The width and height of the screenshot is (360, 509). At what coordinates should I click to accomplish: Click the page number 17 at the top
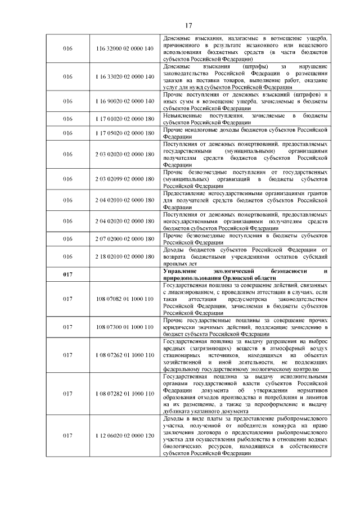[x=188, y=24]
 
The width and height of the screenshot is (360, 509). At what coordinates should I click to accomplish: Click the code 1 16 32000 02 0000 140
[x=125, y=49]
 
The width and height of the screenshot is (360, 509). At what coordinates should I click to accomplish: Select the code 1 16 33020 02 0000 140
[x=125, y=76]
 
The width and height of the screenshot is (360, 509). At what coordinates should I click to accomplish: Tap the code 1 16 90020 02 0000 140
[x=125, y=101]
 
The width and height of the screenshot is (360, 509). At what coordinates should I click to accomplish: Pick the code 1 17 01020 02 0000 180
[x=125, y=119]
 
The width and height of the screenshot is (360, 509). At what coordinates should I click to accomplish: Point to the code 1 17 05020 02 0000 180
[x=125, y=133]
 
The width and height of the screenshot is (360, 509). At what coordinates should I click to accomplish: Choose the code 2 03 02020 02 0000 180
[x=125, y=154]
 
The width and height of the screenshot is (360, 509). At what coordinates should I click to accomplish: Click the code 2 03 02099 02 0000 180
[x=125, y=179]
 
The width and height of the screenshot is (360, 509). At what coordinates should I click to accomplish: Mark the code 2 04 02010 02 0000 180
[x=125, y=200]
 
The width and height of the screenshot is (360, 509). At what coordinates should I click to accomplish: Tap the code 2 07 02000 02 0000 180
[x=125, y=239]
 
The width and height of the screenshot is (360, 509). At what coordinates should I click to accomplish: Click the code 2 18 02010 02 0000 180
[x=125, y=256]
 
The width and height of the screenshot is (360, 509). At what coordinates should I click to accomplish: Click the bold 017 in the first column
[x=68, y=274]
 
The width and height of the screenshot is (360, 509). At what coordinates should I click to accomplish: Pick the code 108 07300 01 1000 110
[x=125, y=327]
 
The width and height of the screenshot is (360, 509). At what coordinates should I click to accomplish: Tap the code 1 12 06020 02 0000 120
[x=125, y=436]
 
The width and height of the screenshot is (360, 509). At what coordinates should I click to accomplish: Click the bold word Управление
[x=181, y=271]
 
